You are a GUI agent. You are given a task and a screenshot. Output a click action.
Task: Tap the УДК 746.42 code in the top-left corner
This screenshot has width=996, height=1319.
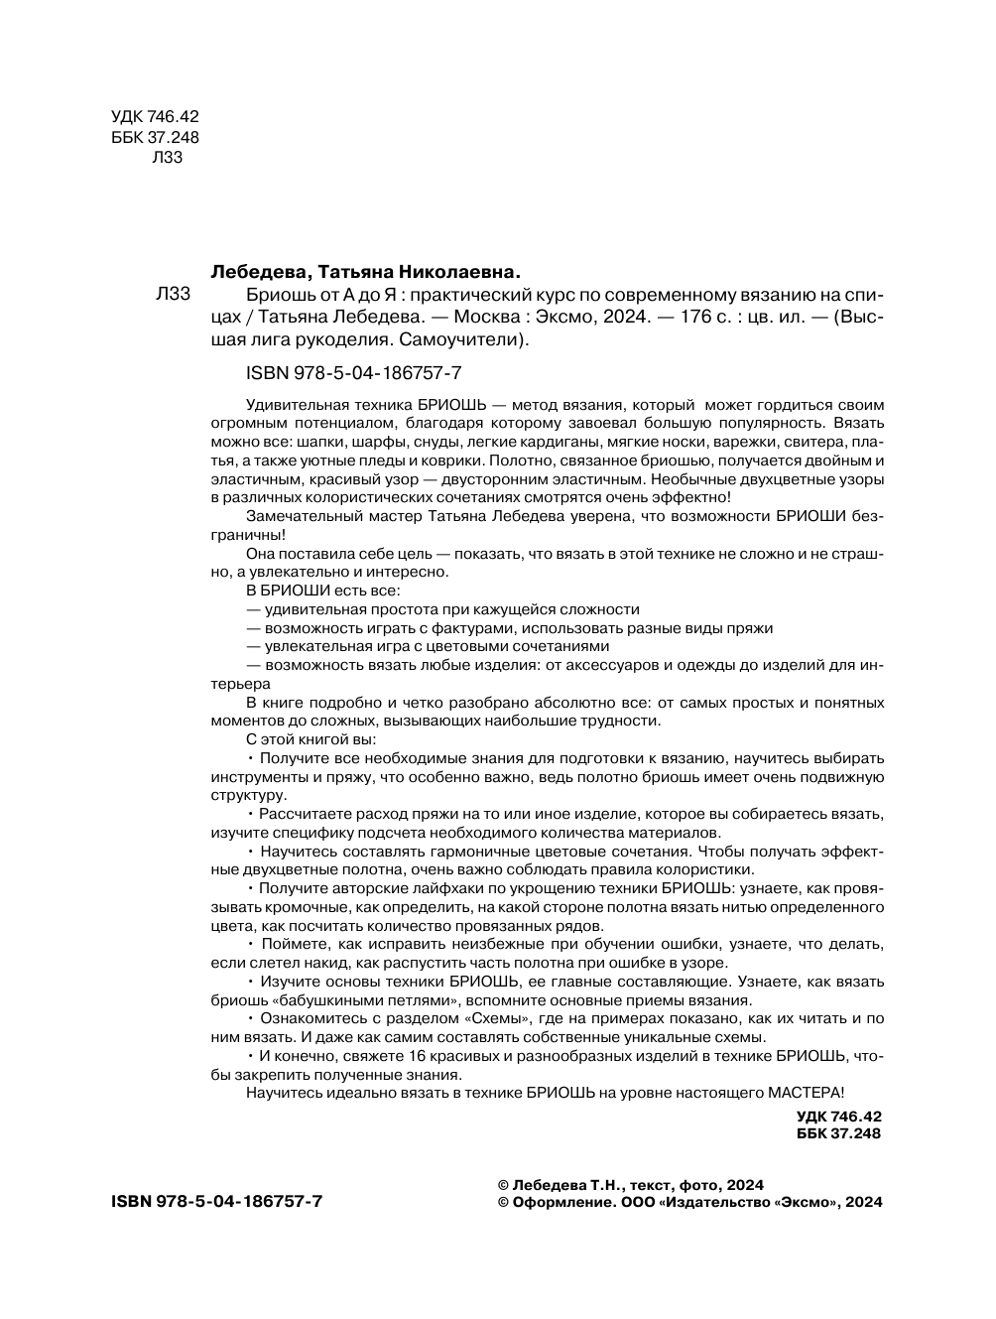coord(155,117)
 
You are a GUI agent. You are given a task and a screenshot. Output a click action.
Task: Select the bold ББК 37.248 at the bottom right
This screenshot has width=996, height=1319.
coord(838,1133)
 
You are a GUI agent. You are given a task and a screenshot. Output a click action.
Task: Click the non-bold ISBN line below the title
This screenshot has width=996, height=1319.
coord(352,373)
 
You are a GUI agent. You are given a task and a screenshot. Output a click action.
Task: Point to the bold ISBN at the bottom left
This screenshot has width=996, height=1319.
coord(217,1202)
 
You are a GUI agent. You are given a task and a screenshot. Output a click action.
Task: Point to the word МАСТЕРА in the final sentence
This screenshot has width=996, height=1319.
coord(804,1093)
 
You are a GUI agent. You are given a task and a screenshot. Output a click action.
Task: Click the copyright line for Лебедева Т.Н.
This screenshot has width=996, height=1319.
coord(630,1185)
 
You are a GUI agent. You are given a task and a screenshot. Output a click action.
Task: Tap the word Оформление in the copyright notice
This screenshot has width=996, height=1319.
coord(559,1202)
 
